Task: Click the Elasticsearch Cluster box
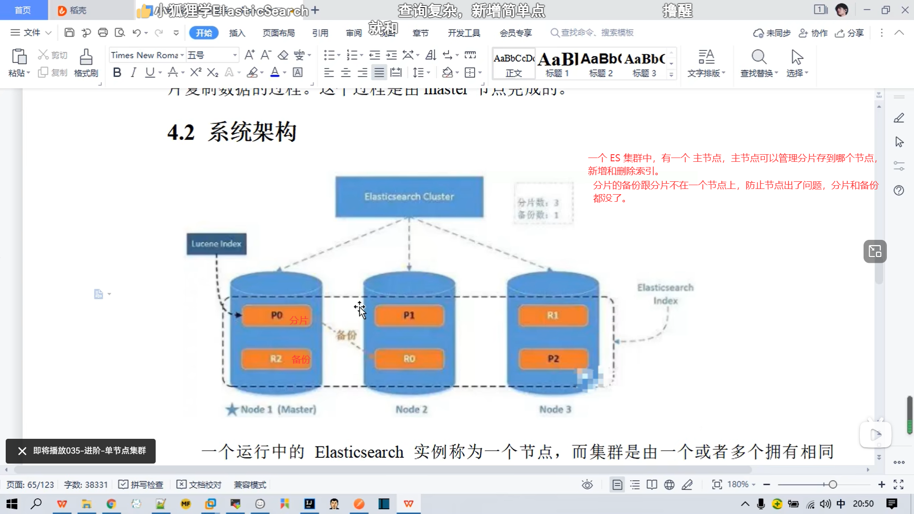pos(409,197)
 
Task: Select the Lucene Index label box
pos(216,244)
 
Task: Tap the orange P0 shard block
pos(277,316)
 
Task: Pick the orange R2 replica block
pos(276,359)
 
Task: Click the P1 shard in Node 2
pos(409,316)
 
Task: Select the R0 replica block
pos(409,359)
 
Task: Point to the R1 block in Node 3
pos(553,316)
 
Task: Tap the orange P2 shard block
pos(553,359)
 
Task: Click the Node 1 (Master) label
pos(278,409)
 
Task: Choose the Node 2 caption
pos(411,409)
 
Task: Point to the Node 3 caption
pos(555,409)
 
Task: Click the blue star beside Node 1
pos(232,409)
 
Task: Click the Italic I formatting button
pos(133,72)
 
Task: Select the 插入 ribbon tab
pos(237,33)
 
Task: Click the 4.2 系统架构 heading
pos(232,132)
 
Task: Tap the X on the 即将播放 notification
pos(22,451)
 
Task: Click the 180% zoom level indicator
pos(738,484)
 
